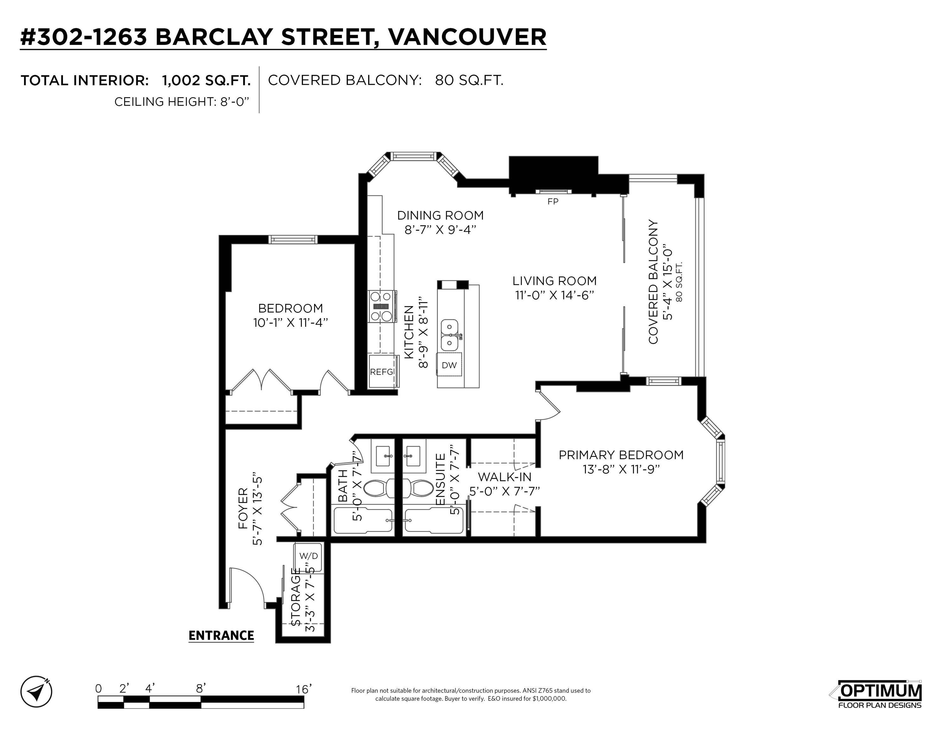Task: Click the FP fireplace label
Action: pyautogui.click(x=553, y=202)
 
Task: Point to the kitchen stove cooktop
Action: pyautogui.click(x=383, y=306)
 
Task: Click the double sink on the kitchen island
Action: pyautogui.click(x=450, y=335)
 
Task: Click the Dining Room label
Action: pyautogui.click(x=440, y=215)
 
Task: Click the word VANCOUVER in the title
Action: pyautogui.click(x=467, y=37)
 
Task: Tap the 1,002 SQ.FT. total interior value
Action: pyautogui.click(x=206, y=80)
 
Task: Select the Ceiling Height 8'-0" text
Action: pyautogui.click(x=182, y=102)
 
